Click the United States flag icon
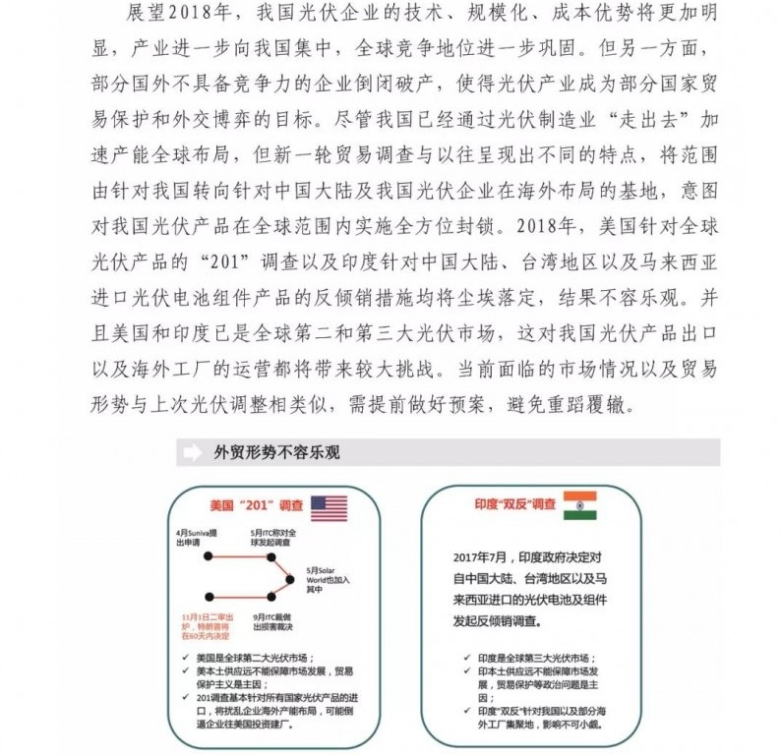point(330,508)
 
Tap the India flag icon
point(580,505)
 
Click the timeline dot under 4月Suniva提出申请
point(209,557)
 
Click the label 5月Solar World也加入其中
point(327,580)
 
